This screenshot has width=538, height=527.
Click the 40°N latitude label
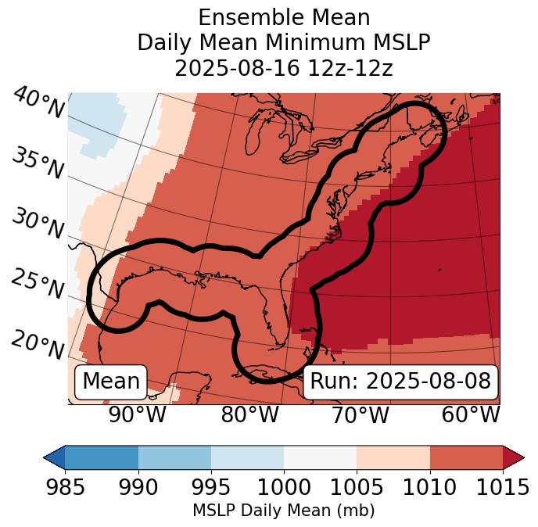click(x=39, y=103)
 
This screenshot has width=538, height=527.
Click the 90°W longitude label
click(x=137, y=414)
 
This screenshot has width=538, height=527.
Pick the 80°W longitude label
click(x=249, y=414)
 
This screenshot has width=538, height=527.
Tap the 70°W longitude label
click(x=360, y=414)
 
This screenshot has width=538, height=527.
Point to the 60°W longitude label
click(x=471, y=414)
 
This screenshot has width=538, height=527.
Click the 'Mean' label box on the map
click(x=111, y=382)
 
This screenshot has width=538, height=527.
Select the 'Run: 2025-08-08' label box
click(x=400, y=382)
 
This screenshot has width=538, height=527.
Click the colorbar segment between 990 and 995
click(x=174, y=457)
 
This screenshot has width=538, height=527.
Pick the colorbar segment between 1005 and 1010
click(x=393, y=457)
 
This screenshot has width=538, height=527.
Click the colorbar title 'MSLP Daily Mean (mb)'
click(x=283, y=511)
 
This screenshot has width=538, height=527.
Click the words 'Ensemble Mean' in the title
click(x=284, y=17)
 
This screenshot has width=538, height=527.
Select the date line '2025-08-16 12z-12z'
click(x=284, y=68)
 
